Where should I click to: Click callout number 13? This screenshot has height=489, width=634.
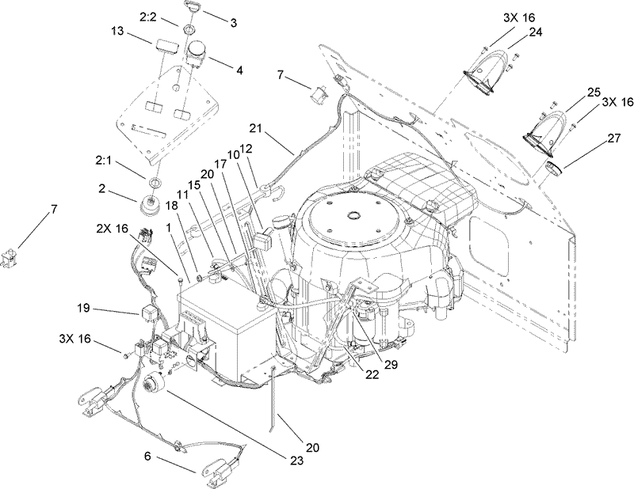(117, 32)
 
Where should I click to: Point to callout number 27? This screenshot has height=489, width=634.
(613, 138)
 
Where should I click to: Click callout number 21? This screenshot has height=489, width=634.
(255, 129)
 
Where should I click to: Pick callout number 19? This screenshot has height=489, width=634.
(85, 309)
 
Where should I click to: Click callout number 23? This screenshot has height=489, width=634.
(297, 461)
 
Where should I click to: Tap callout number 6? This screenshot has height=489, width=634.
(147, 456)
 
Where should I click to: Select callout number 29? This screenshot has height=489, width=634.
(391, 365)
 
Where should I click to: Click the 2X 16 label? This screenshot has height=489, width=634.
(112, 229)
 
